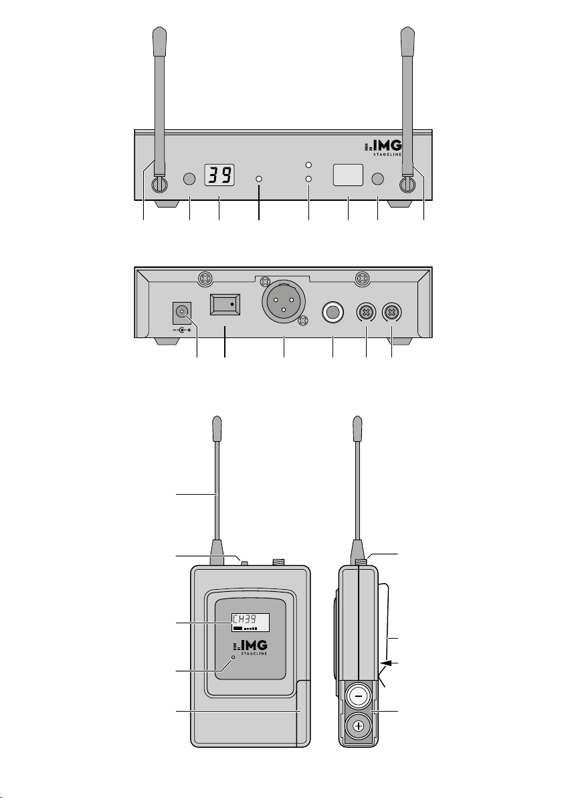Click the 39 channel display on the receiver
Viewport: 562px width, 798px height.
pyautogui.click(x=219, y=175)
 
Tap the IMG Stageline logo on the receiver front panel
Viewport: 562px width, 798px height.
pyautogui.click(x=383, y=148)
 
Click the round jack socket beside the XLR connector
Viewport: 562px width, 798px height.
pyautogui.click(x=333, y=314)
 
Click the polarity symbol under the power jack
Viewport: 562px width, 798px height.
pyautogui.click(x=181, y=330)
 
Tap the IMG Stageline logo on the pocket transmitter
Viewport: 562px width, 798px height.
pyautogui.click(x=250, y=647)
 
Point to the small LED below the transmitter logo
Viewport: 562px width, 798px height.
pyautogui.click(x=233, y=658)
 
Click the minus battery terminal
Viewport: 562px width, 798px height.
pyautogui.click(x=359, y=696)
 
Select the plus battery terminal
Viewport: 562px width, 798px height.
pyautogui.click(x=359, y=726)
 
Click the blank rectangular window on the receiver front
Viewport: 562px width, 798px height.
pyautogui.click(x=348, y=175)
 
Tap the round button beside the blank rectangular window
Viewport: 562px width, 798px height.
pyautogui.click(x=378, y=179)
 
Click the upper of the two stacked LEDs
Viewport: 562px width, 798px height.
pyautogui.click(x=308, y=165)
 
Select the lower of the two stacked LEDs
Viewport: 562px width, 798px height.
pyautogui.click(x=308, y=179)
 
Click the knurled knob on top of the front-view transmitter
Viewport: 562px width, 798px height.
pyautogui.click(x=279, y=562)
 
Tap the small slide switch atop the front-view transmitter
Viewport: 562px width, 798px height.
pyautogui.click(x=244, y=562)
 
